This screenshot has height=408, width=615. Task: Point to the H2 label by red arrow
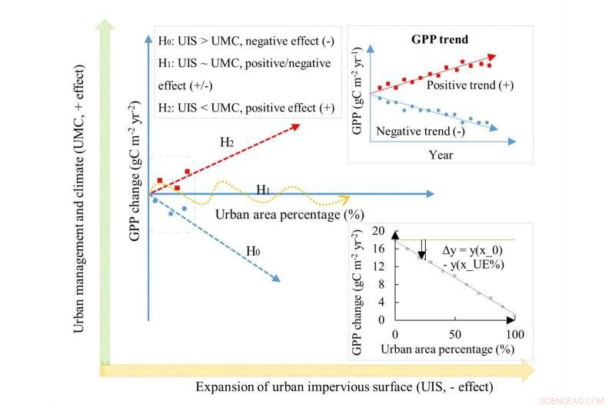pos(226,142)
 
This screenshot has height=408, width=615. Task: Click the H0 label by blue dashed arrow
pos(254,250)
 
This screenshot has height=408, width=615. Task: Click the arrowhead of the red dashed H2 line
pos(295,125)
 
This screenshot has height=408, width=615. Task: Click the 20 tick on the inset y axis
pos(377,230)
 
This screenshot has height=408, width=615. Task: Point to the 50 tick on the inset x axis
pos(455,335)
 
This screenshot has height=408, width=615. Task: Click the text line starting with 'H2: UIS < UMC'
pos(246,107)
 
